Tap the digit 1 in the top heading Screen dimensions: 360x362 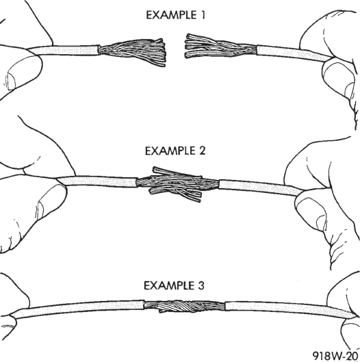click(x=203, y=15)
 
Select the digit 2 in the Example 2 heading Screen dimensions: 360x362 click(x=201, y=151)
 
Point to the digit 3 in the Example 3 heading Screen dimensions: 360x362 click(x=201, y=285)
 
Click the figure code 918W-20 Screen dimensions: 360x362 click(x=336, y=356)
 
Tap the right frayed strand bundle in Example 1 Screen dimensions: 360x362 click(x=220, y=47)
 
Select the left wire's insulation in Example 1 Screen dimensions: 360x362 click(x=64, y=51)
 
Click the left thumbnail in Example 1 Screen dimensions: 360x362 click(x=12, y=79)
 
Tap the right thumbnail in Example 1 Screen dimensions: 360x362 click(x=350, y=90)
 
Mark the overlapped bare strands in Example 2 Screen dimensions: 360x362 click(x=177, y=183)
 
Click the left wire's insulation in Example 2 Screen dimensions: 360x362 click(x=97, y=181)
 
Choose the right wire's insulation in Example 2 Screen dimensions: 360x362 click(x=260, y=188)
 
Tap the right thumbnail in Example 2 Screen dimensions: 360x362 click(x=322, y=222)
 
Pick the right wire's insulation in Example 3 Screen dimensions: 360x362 click(x=290, y=308)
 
